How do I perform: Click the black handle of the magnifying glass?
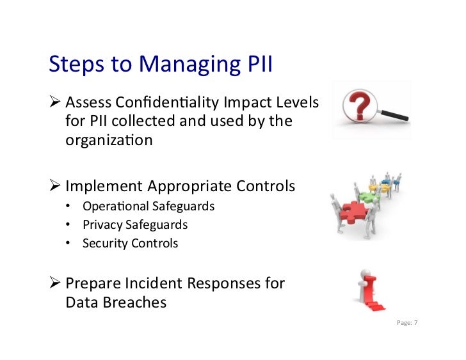pyautogui.click(x=394, y=114)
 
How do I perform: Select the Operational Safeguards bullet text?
pyautogui.click(x=148, y=207)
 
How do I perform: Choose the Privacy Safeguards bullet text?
pyautogui.click(x=135, y=225)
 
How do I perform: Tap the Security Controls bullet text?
pyautogui.click(x=130, y=244)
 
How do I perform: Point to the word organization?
pyautogui.click(x=109, y=140)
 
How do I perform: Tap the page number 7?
pyautogui.click(x=415, y=323)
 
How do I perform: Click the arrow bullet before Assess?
pyautogui.click(x=55, y=102)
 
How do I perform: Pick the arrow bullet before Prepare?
pyautogui.click(x=55, y=283)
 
